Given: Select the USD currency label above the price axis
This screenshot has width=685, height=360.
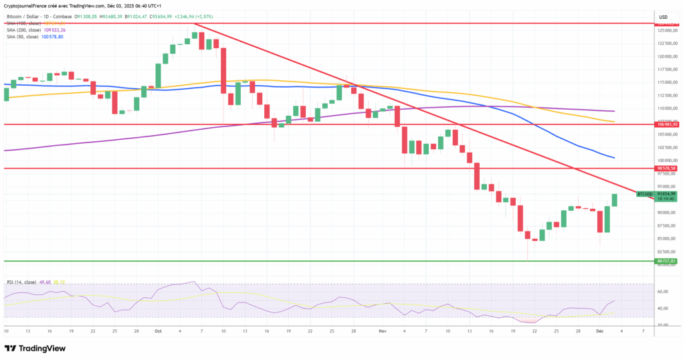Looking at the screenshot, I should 664,17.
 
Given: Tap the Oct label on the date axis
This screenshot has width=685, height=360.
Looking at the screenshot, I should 158,331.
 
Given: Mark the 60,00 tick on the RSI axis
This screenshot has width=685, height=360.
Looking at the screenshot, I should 664,292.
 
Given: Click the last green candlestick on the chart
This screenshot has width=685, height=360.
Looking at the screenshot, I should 614,199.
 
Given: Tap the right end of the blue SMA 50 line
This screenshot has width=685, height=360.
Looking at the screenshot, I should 613,158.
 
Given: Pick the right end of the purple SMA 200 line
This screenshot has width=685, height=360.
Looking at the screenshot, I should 613,111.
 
